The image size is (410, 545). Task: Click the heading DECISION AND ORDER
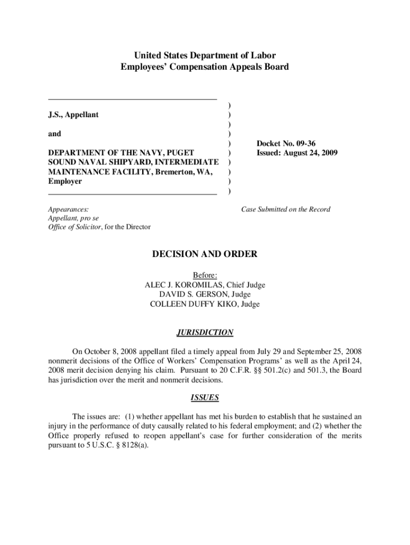[x=205, y=254]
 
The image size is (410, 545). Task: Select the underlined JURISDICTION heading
[x=205, y=333]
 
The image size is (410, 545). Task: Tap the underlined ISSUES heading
[x=205, y=398]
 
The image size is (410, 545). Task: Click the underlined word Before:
[x=205, y=276]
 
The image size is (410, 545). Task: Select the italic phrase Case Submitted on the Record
[x=286, y=209]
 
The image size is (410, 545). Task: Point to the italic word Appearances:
[x=68, y=210]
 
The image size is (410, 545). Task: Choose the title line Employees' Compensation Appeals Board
[x=205, y=67]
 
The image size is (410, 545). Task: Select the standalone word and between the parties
[x=54, y=134]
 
